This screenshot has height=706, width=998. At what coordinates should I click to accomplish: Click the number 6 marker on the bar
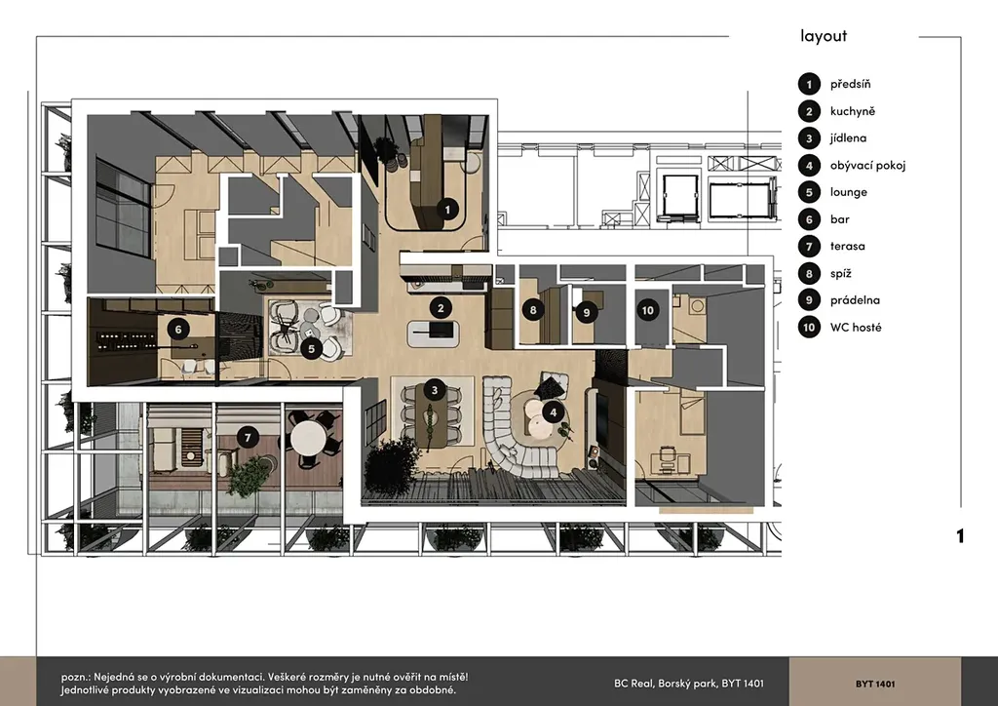(x=178, y=330)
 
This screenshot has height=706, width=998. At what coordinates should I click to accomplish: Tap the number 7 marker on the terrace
(x=248, y=438)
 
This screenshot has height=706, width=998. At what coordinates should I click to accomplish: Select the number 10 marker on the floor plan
(x=647, y=310)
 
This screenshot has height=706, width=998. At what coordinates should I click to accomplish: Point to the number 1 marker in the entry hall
(x=447, y=209)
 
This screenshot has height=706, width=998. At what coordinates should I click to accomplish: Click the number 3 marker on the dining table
(x=434, y=390)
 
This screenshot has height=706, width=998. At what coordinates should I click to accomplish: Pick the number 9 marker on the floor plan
(x=586, y=312)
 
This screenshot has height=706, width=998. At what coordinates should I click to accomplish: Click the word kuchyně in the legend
(x=852, y=111)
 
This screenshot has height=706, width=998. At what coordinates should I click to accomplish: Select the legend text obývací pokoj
(x=867, y=166)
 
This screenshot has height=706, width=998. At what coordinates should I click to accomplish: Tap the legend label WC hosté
(x=856, y=328)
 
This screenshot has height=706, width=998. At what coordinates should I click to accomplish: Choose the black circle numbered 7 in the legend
(x=809, y=246)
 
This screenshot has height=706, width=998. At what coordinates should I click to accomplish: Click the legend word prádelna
(x=855, y=299)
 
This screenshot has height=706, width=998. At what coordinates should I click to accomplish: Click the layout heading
(x=824, y=36)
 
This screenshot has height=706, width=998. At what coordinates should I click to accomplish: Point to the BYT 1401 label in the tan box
(x=875, y=684)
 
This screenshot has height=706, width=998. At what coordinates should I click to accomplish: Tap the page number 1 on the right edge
(x=960, y=536)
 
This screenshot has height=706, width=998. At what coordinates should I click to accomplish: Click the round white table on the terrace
(x=308, y=438)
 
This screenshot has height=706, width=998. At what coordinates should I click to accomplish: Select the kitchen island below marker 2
(x=434, y=333)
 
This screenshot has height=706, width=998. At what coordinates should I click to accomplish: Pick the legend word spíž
(x=841, y=274)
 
